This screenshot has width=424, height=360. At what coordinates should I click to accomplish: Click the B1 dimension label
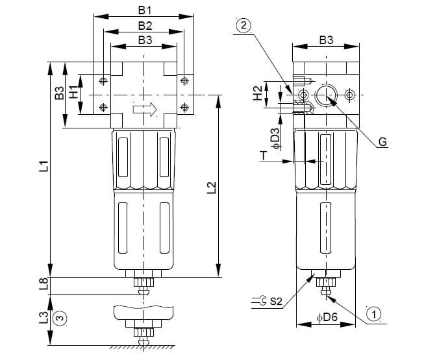click(145, 10)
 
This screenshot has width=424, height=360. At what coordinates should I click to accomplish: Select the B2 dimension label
click(145, 25)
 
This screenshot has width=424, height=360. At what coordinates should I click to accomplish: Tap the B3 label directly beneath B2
click(145, 40)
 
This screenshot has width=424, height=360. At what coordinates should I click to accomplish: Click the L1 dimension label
click(44, 166)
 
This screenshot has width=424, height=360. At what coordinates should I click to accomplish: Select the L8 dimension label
click(44, 284)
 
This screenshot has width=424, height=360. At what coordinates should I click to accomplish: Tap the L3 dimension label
click(44, 318)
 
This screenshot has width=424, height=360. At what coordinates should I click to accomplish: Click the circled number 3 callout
click(60, 318)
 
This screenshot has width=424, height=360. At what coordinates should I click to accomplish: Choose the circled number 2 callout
click(245, 25)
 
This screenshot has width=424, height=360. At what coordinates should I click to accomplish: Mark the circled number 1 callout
click(375, 313)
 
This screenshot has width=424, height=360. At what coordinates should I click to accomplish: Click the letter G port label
click(382, 141)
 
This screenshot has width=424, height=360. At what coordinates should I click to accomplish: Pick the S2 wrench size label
click(275, 301)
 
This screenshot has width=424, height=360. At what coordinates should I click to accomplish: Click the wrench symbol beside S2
click(259, 301)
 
